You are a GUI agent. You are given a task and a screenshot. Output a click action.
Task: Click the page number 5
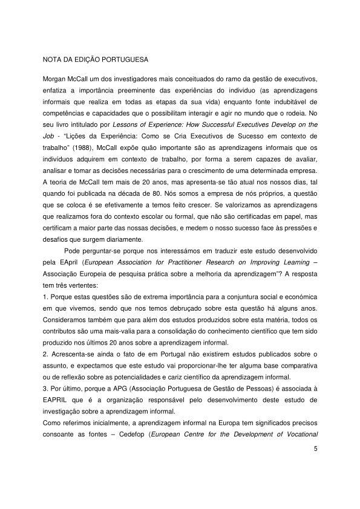315,449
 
